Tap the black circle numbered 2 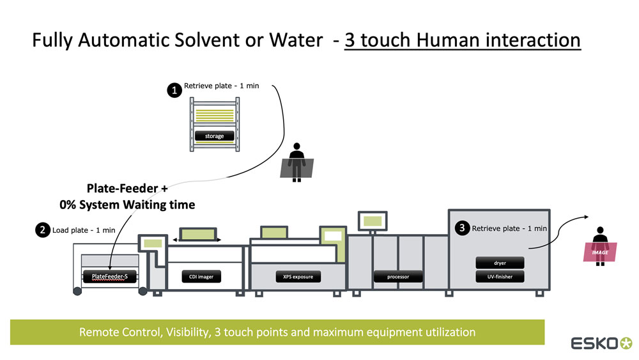click(x=43, y=230)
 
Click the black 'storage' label click(x=214, y=136)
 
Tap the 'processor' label click(x=397, y=277)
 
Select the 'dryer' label click(x=500, y=263)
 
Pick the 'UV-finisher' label click(x=500, y=277)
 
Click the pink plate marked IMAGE click(x=600, y=252)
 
